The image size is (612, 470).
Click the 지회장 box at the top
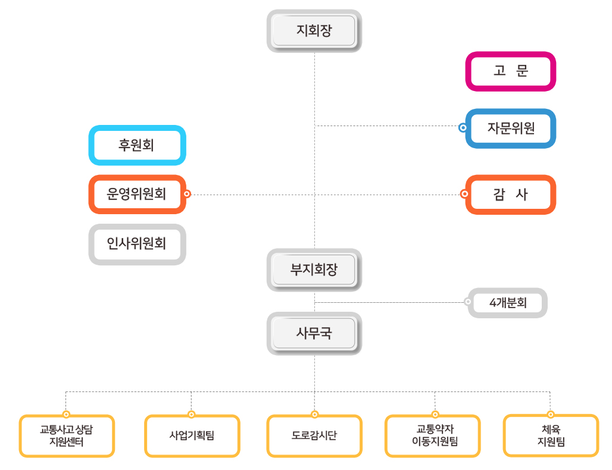coord(314,31)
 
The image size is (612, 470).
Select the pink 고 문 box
coord(510,71)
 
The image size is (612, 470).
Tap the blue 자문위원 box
coord(510,128)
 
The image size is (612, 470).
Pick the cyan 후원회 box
coord(137,145)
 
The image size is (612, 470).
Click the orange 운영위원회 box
coord(137,194)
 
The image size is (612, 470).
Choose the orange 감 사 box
coord(510,195)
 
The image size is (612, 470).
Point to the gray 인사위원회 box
coord(137,244)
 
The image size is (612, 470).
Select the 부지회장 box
coord(314,270)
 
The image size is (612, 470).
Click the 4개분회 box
coord(508,303)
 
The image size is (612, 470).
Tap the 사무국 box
coord(314,334)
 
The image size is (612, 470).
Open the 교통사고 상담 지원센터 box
coord(67,436)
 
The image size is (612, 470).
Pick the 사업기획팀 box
coord(192,436)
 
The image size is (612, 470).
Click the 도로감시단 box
coord(314,436)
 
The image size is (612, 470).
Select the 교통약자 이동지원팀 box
coord(433,436)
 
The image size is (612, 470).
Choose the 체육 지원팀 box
coord(551,436)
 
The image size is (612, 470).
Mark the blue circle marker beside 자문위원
coord(463,127)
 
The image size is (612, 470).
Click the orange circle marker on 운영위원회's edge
coord(187,194)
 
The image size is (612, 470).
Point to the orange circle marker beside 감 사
coord(464,194)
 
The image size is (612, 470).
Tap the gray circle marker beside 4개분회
coord(467,302)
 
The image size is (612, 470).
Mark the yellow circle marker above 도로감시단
coord(314,415)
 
